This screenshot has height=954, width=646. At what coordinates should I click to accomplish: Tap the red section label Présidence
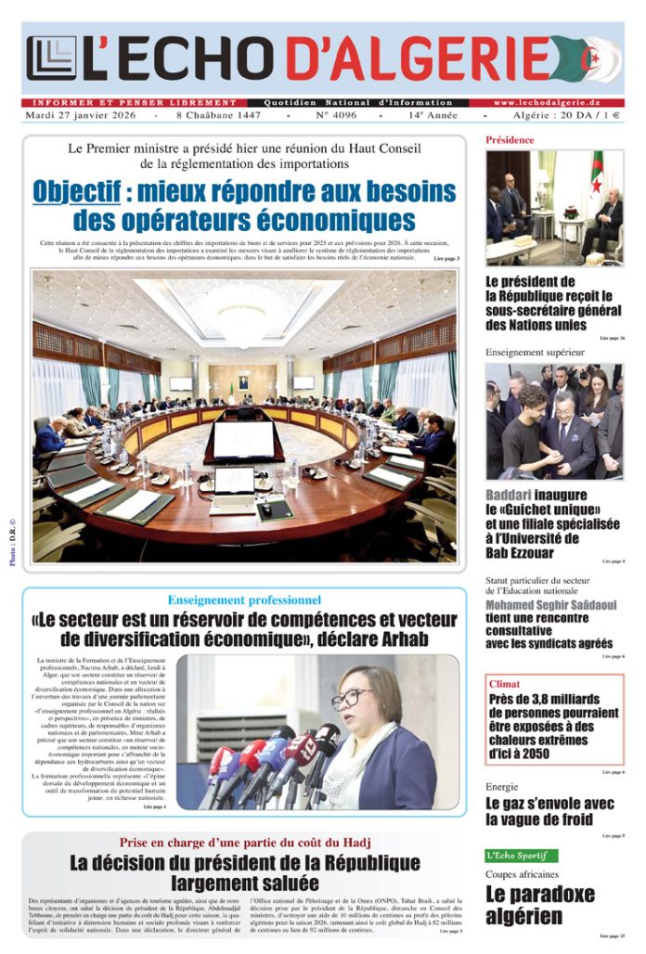tap(510, 140)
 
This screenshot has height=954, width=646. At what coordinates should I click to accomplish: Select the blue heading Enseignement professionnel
tap(244, 600)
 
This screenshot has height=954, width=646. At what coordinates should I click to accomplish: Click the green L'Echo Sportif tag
tap(521, 856)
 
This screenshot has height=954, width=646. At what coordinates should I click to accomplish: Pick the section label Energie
tap(502, 787)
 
